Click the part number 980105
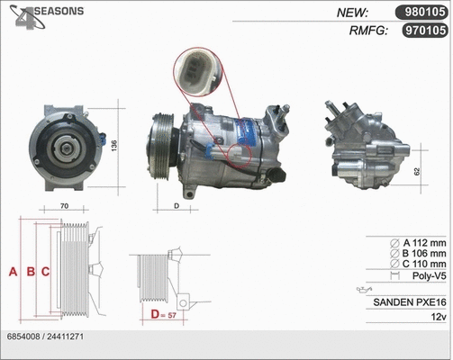[x=421, y=12]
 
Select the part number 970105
[x=421, y=30]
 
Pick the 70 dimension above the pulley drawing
[x=65, y=206]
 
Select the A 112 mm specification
[x=419, y=242]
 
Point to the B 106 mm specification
[x=419, y=253]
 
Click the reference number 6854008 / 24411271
[x=45, y=335]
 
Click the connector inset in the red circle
[x=199, y=72]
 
